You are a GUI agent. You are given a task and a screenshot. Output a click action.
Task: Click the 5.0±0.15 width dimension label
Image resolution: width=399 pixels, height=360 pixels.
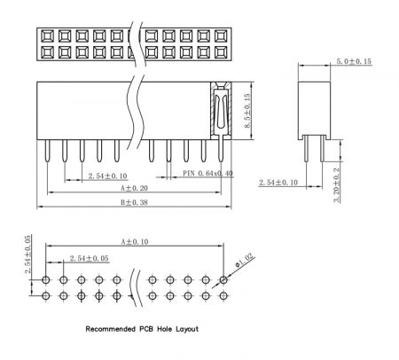(354, 61)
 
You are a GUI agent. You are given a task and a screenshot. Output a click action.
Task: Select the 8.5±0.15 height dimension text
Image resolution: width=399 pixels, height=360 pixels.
(247, 111)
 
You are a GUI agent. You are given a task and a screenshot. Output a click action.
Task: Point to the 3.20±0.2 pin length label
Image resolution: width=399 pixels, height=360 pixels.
(337, 185)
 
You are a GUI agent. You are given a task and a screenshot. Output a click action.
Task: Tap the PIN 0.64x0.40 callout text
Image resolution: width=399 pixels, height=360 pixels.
(207, 173)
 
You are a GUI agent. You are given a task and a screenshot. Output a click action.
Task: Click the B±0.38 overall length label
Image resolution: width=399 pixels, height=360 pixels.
(134, 202)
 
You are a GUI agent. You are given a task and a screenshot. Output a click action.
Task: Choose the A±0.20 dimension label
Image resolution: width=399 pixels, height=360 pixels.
(134, 188)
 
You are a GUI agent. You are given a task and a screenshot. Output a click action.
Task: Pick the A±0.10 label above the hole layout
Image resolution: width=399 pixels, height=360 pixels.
(135, 242)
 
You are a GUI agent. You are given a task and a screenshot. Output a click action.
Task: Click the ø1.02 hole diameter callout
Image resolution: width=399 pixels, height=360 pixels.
(245, 261)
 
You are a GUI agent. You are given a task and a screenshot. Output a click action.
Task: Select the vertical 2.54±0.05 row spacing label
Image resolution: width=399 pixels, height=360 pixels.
(28, 254)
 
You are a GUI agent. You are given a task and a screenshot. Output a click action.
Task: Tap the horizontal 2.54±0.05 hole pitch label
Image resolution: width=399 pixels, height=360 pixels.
(90, 258)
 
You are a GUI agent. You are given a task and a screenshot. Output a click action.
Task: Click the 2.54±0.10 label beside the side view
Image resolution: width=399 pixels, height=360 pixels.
(278, 183)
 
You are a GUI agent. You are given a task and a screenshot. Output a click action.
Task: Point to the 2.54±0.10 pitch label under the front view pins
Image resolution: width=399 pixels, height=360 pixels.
(107, 176)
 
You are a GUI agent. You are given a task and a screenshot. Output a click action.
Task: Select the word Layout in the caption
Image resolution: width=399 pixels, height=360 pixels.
(187, 329)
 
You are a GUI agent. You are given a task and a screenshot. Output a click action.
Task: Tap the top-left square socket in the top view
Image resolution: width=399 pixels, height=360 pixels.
(47, 36)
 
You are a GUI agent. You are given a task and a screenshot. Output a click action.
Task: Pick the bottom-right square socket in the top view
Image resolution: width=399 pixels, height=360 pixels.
(221, 52)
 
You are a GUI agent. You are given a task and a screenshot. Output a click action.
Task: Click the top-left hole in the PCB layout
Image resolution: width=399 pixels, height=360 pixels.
(46, 279)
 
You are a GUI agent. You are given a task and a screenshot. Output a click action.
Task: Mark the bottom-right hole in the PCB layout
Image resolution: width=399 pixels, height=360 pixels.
(223, 295)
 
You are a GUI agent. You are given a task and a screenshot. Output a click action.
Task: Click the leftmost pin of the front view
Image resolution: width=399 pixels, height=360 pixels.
(47, 151)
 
